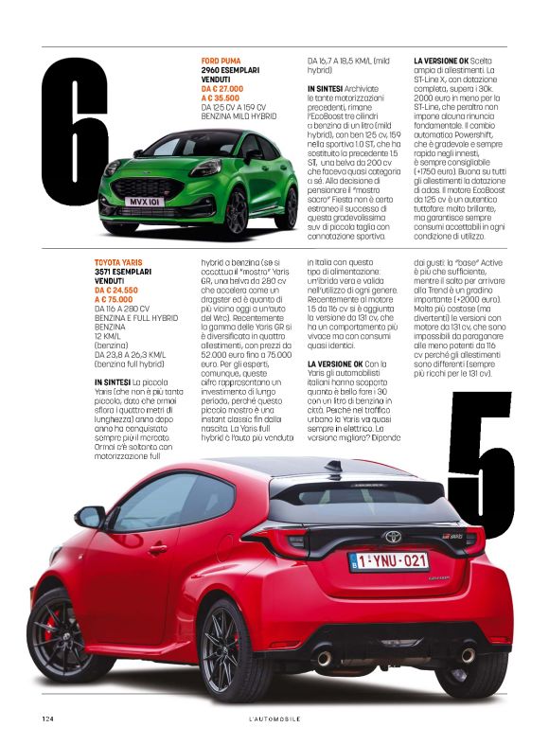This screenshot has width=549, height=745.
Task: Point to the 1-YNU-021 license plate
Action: point(388,561)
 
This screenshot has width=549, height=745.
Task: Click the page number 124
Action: point(48,719)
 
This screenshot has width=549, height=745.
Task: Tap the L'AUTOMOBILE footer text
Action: point(274,719)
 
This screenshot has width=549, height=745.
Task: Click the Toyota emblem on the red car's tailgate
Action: point(391,537)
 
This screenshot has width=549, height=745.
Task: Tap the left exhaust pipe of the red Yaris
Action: point(325,657)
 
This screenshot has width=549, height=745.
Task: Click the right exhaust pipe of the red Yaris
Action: point(467,654)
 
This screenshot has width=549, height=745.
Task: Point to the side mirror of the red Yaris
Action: point(91,517)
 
